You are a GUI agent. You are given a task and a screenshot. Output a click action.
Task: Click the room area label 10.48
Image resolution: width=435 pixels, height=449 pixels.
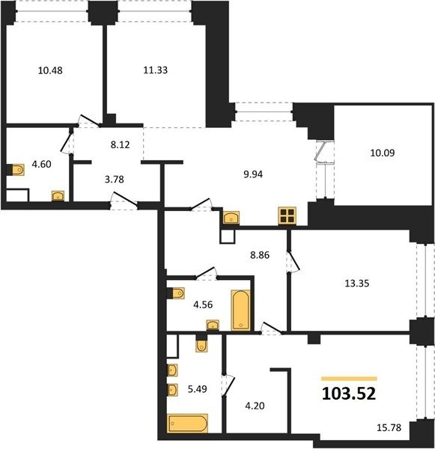coord(50,70)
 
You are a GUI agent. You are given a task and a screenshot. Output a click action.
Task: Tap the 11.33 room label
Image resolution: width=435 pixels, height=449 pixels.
coord(155,70)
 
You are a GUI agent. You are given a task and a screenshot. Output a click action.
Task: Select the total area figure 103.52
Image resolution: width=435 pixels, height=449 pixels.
coord(349,394)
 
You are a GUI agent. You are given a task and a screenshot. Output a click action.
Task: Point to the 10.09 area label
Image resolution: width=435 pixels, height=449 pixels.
coord(383,153)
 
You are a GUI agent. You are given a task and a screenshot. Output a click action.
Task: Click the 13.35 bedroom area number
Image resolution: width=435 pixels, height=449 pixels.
coord(357,284)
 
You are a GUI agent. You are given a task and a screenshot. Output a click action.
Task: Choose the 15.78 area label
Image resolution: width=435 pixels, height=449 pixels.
coord(389,428)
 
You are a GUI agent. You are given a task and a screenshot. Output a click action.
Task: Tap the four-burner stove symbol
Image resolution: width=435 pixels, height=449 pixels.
coord(288,216)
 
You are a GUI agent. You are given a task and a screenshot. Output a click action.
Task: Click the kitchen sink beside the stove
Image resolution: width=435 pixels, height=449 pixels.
coord(231,218)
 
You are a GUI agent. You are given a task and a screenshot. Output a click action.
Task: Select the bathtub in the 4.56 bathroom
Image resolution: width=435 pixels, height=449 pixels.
coord(241,310)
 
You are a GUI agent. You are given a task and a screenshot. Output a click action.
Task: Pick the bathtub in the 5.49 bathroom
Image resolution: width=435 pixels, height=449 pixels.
coord(187,423)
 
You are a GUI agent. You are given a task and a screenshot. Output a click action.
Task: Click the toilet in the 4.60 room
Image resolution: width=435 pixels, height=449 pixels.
coord(18,170)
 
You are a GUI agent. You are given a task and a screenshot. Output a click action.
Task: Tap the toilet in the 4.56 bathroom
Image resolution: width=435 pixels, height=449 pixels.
coord(178,293)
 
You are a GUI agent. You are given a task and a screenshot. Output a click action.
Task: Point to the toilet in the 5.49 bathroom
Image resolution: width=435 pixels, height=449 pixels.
coord(201,346)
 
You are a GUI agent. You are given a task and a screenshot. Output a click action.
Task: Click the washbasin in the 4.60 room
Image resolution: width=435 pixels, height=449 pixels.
coord(58,196)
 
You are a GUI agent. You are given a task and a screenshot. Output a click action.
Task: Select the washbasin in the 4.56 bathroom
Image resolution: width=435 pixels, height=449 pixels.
coord(213,325)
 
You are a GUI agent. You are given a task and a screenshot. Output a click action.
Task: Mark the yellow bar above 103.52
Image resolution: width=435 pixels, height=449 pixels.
coord(349,379)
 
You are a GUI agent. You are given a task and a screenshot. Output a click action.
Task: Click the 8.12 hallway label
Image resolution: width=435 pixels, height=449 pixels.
coord(120,145)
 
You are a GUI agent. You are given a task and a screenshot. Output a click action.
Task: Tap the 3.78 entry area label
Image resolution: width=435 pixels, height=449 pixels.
coord(115,180)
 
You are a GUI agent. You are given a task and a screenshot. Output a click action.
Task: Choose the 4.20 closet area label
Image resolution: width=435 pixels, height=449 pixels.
coord(255,406)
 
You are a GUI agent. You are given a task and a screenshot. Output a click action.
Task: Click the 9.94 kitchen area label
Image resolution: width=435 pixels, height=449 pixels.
coord(253,174)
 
